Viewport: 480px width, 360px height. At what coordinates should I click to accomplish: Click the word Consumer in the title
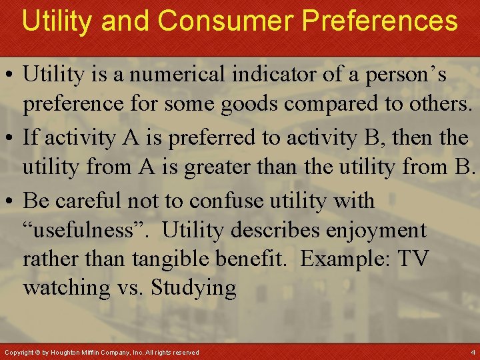coord(227,21)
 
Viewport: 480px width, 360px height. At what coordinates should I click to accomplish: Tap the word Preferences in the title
coord(379,21)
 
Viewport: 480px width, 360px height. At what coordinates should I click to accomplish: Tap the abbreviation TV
coord(414,259)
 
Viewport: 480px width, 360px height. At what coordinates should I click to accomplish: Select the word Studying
coord(193,288)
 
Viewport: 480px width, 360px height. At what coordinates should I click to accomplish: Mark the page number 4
coord(473,351)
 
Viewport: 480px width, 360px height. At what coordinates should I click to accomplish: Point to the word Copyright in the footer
coord(19,352)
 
